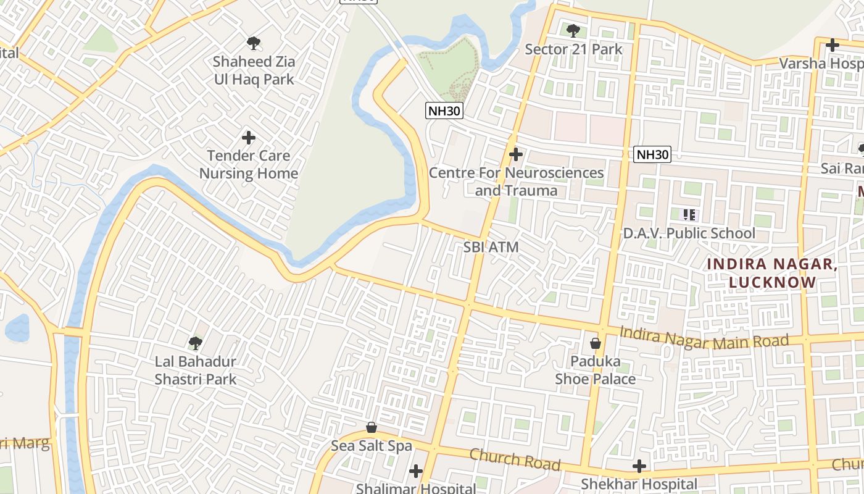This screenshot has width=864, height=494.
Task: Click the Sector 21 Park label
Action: [573, 49]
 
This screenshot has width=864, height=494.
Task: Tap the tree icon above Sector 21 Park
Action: [573, 30]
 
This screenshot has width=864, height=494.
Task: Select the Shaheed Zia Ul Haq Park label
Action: [254, 70]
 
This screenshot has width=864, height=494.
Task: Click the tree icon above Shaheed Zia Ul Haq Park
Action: [253, 43]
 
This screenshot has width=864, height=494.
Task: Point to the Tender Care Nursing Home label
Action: [248, 164]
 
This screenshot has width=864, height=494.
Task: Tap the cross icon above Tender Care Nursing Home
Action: [249, 137]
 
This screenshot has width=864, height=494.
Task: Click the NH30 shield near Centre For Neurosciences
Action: [444, 111]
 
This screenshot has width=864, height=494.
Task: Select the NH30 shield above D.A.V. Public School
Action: [652, 154]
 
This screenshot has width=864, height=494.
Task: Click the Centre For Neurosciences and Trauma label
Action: [516, 182]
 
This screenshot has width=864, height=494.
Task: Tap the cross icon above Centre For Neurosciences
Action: [516, 154]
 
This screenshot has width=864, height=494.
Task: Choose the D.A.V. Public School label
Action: [689, 233]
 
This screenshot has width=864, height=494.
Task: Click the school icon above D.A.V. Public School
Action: [689, 215]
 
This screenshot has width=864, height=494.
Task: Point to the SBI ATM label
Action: [491, 247]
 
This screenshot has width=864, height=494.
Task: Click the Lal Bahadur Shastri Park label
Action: [196, 370]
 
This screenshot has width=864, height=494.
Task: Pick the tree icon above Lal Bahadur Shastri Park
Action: [196, 342]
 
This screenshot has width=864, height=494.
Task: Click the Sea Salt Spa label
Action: [372, 445]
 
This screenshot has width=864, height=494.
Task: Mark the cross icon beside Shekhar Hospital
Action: [639, 466]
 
